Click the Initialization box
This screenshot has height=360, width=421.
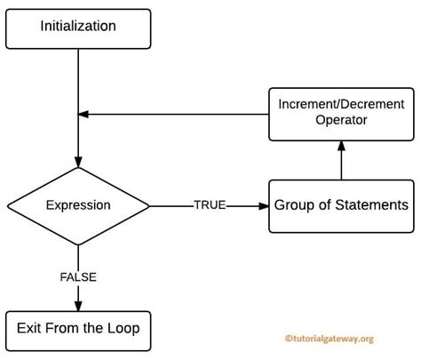tap(78, 28)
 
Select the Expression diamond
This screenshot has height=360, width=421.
tap(78, 205)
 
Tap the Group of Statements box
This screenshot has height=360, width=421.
tap(341, 205)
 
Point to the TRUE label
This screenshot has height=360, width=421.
tap(210, 205)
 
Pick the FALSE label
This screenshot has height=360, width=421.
tap(78, 276)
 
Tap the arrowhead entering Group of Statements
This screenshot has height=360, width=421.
tap(264, 205)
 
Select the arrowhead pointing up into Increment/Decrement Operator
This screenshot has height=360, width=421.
tap(341, 145)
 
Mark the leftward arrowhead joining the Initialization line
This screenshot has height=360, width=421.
tap(84, 113)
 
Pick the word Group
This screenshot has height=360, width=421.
tap(294, 205)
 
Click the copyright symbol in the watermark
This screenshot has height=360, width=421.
tap(288, 339)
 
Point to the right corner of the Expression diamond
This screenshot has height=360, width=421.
tap(148, 205)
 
